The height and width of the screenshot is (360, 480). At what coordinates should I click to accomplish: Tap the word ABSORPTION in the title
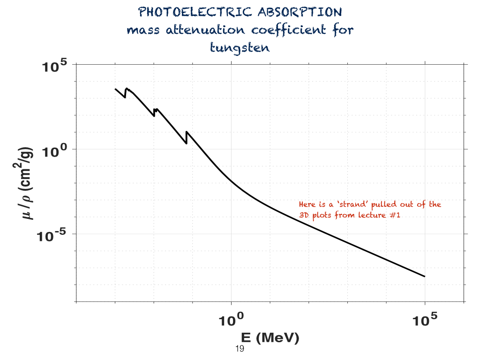(300, 12)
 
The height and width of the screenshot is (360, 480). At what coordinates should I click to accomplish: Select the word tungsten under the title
(240, 48)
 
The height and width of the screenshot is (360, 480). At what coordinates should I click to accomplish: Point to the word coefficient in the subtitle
(288, 30)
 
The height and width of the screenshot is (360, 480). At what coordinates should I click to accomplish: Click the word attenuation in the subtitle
(205, 30)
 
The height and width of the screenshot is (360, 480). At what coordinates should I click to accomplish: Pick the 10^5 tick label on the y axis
(54, 66)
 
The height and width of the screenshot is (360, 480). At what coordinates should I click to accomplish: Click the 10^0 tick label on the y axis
(54, 151)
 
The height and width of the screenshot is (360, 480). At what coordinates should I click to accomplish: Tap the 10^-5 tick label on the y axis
(51, 236)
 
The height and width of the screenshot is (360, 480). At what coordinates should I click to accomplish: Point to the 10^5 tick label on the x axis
(425, 320)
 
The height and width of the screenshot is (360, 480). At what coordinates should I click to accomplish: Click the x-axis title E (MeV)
(270, 337)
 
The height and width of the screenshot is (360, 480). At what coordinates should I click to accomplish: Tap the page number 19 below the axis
(240, 349)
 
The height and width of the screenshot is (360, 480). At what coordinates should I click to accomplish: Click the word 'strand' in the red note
(352, 204)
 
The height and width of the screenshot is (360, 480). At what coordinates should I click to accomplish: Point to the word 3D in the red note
(304, 215)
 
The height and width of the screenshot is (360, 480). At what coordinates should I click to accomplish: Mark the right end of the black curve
(425, 277)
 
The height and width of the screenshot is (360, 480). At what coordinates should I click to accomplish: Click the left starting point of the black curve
(115, 89)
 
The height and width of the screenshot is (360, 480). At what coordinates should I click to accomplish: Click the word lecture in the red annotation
(372, 215)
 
